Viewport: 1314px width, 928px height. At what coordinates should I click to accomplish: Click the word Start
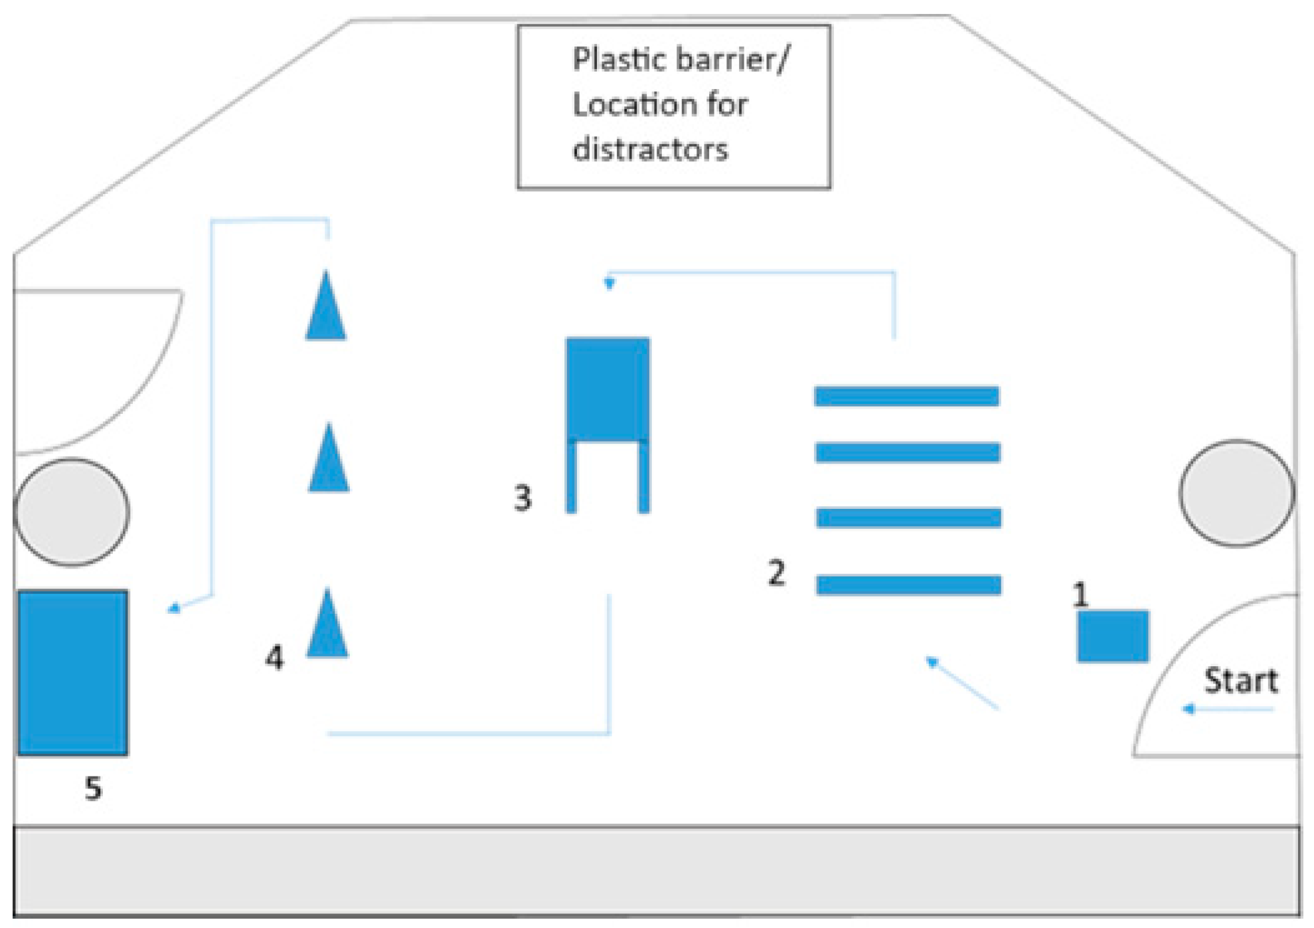(1240, 680)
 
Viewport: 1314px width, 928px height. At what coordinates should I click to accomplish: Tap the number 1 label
(1080, 594)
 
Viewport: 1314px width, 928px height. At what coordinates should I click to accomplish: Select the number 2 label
(776, 573)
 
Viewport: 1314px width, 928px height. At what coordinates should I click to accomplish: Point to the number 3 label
(523, 498)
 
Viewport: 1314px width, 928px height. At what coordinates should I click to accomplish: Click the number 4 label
(274, 658)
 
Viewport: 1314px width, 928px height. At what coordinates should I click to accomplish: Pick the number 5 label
(93, 789)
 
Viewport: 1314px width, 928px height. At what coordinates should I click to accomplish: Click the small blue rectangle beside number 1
(1112, 636)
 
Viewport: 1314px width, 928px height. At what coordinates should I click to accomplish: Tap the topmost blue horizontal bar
(906, 396)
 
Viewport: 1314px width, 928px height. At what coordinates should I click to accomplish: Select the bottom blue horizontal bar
(908, 585)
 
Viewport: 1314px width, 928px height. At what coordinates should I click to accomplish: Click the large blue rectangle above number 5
(72, 672)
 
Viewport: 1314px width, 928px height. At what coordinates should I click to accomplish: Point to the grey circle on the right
(1236, 493)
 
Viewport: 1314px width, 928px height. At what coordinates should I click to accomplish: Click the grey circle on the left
(72, 511)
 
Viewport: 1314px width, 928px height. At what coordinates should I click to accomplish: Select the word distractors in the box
(650, 149)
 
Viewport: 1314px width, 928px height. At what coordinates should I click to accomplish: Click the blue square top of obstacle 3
(608, 389)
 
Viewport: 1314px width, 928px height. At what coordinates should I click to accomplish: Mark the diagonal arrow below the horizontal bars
(962, 683)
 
